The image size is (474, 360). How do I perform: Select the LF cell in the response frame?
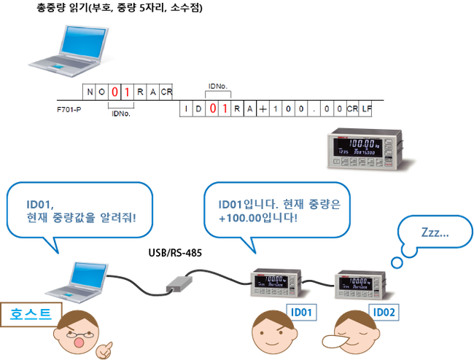click(x=366, y=109)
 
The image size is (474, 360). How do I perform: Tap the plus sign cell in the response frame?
click(x=261, y=109)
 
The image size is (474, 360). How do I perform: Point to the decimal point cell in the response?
click(x=314, y=109)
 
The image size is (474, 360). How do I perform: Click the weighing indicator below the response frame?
click(x=361, y=149)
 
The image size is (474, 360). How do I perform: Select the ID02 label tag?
click(x=384, y=313)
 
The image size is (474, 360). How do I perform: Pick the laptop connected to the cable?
click(x=74, y=281)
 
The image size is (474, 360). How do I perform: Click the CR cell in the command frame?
click(x=167, y=92)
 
